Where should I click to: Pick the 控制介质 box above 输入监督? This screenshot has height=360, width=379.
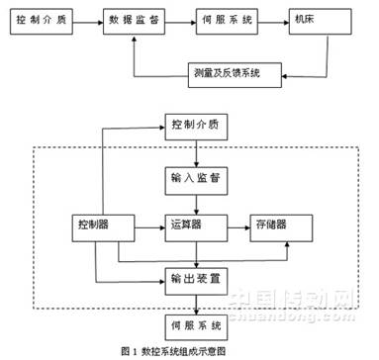point(197,127)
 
